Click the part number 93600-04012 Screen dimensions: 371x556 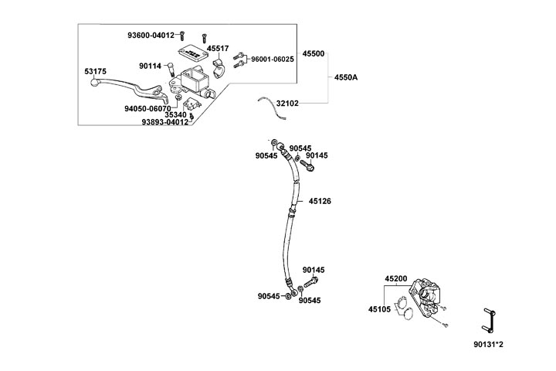152,35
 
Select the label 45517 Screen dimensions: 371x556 217,49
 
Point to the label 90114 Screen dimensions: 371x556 150,66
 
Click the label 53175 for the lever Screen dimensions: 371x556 96,71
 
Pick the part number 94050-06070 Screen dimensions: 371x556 147,109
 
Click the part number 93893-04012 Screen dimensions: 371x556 164,122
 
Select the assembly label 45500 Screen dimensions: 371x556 314,54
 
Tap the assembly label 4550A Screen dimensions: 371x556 347,77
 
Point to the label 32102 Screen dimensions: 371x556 309,102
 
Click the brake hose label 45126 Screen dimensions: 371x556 320,201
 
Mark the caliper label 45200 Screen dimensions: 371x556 396,278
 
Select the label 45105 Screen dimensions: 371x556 379,309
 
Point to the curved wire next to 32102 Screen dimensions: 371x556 272,106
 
